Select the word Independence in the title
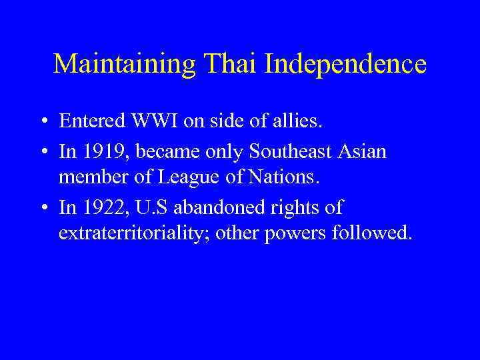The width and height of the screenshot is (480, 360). click(x=345, y=65)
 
